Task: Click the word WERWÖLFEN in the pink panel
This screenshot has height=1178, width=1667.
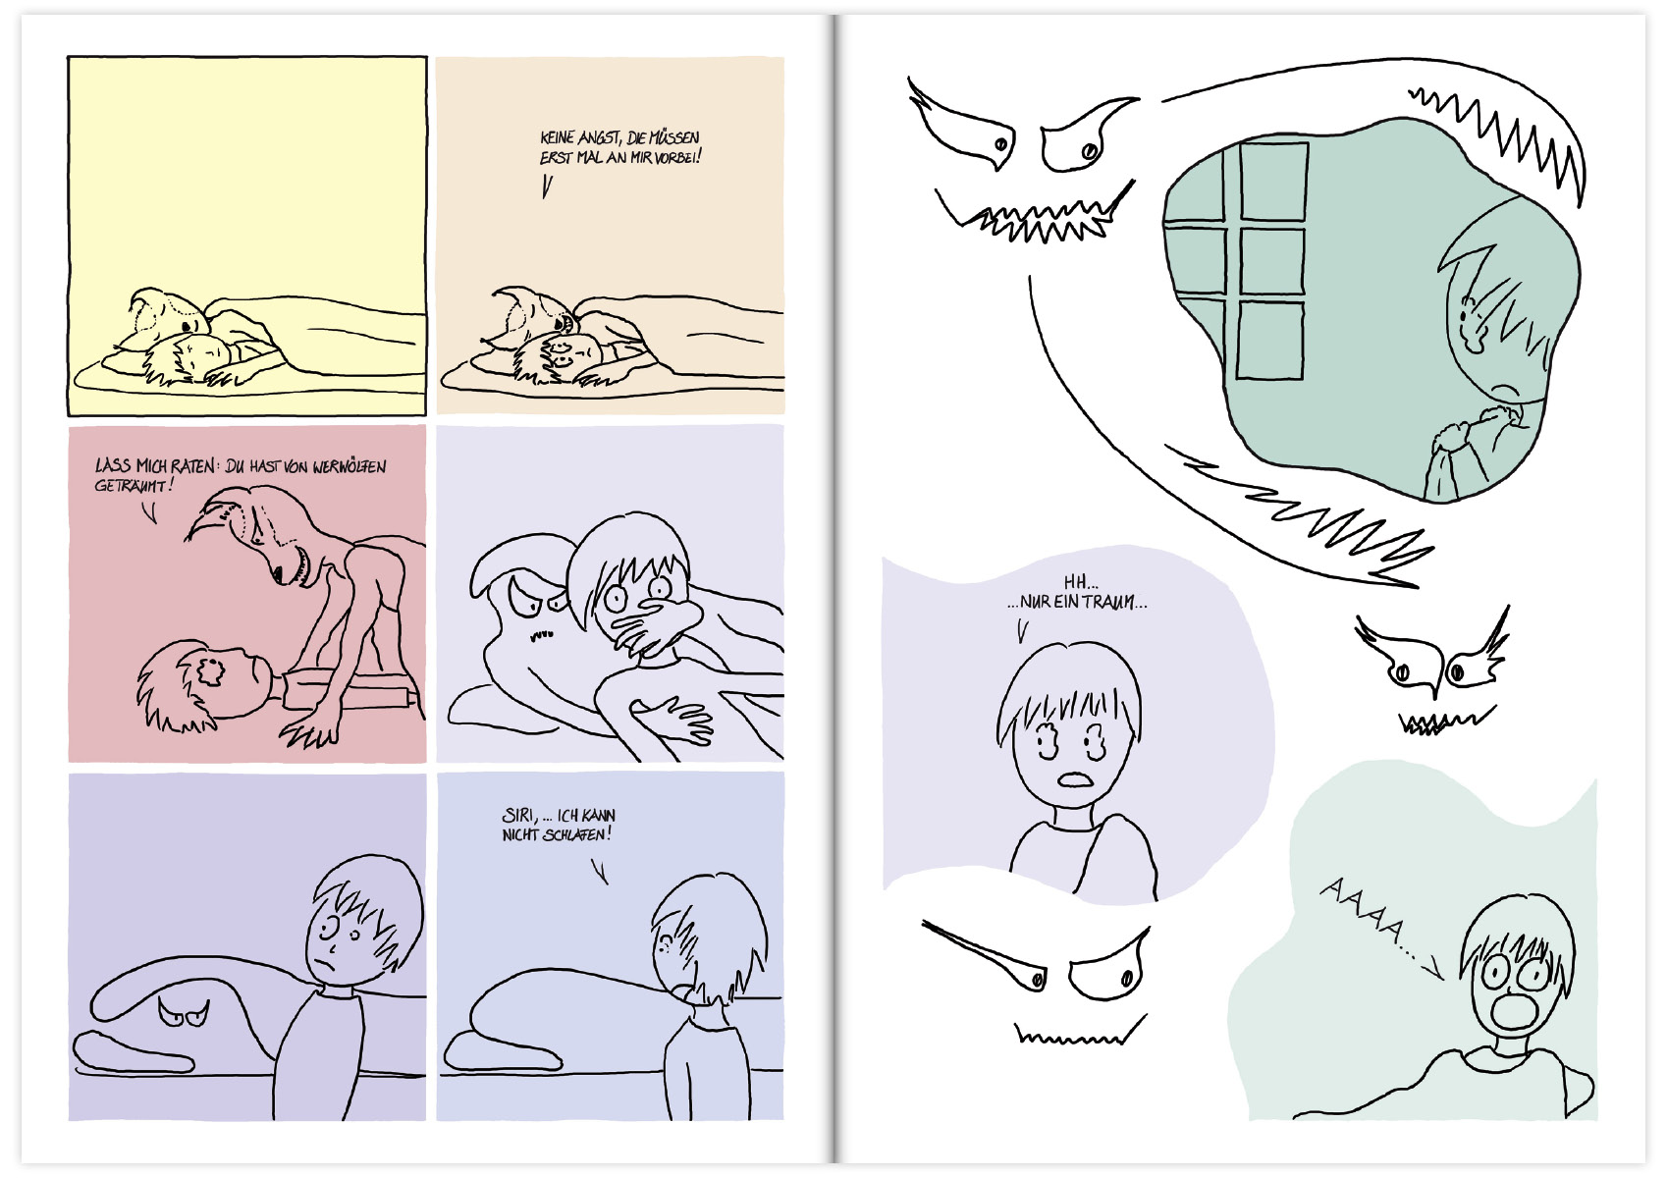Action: click(x=350, y=467)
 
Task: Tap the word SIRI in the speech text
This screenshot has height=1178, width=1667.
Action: click(x=519, y=816)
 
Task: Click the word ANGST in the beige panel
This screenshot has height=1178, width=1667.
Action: click(x=598, y=137)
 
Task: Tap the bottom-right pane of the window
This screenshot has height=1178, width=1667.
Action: click(x=1271, y=340)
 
